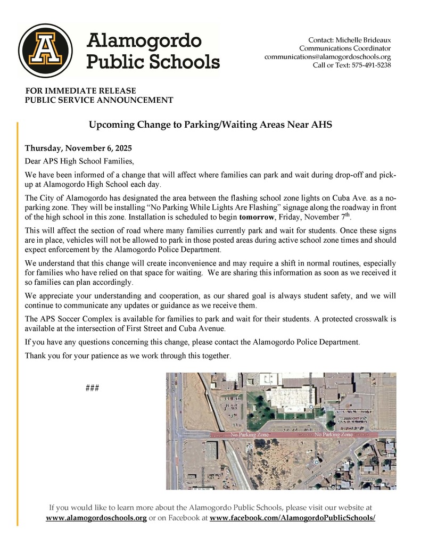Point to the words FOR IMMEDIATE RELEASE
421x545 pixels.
pyautogui.click(x=80, y=91)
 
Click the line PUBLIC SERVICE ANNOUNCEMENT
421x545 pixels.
pyautogui.click(x=99, y=100)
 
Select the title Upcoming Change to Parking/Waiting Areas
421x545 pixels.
pyautogui.click(x=210, y=125)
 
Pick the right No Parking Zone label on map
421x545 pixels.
pyautogui.click(x=333, y=435)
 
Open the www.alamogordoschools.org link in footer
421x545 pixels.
pyautogui.click(x=96, y=518)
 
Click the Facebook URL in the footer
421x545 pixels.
pyautogui.click(x=293, y=518)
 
